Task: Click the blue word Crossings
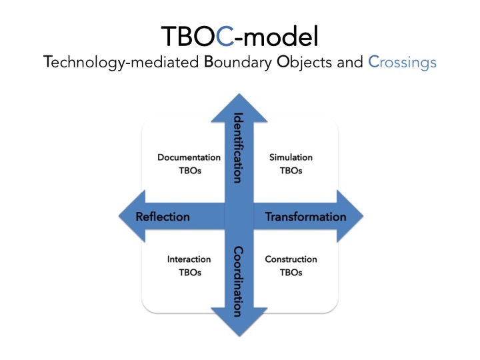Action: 403,63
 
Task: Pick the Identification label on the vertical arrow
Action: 237,149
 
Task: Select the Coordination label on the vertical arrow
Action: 237,281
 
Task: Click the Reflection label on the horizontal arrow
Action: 163,217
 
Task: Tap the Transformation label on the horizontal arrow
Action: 306,217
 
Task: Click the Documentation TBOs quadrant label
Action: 189,164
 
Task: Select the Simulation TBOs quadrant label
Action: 291,164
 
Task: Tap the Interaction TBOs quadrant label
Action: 189,265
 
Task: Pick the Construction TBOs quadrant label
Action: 291,265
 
